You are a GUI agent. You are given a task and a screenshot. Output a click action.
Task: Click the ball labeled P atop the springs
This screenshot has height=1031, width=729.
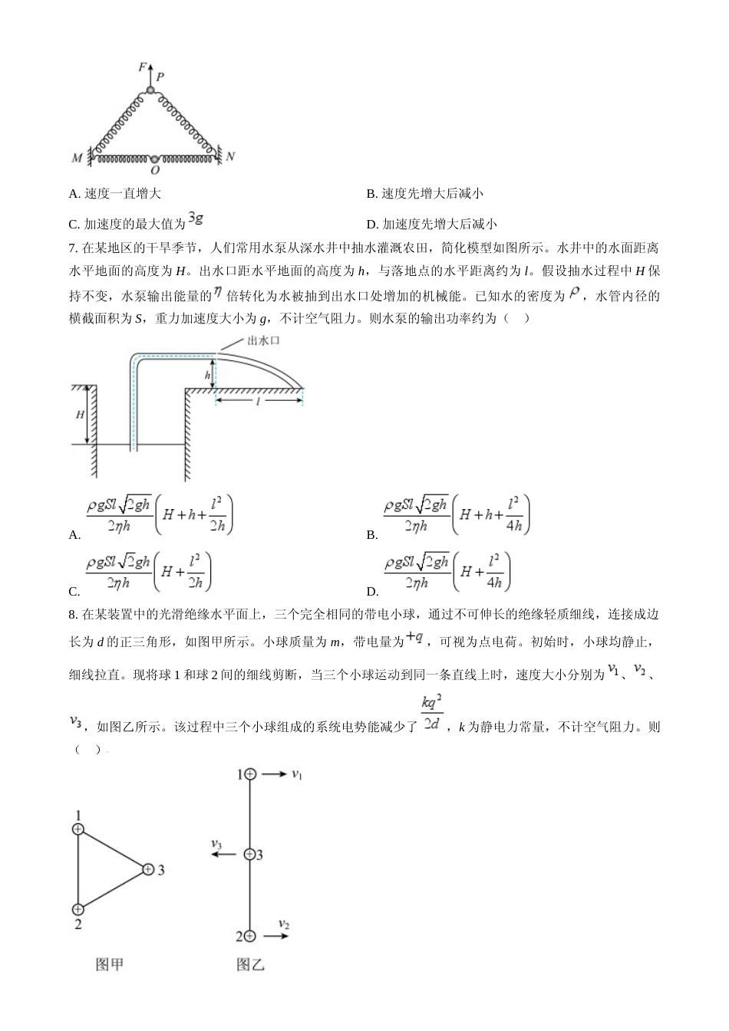coord(151,91)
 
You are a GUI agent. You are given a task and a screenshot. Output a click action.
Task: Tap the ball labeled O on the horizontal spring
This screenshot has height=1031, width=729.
coord(156,159)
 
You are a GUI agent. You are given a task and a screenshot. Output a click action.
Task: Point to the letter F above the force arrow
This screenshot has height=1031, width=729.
coord(142,67)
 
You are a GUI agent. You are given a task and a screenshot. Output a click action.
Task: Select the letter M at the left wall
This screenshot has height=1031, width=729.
coord(77,158)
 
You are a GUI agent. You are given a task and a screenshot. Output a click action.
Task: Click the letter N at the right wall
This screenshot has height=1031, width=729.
coord(230,156)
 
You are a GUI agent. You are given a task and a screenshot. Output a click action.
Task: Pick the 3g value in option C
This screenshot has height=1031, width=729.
coord(196,218)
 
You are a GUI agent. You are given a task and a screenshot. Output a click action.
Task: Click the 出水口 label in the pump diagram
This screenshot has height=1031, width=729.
coord(263,340)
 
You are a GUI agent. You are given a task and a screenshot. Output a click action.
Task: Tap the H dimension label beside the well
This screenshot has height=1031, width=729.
coord(80,415)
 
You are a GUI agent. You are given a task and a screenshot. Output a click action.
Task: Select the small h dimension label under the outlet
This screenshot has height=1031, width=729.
coord(207,375)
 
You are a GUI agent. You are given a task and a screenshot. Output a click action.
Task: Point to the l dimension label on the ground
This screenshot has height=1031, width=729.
coord(258,401)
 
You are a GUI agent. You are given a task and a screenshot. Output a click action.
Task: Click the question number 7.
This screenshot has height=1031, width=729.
coord(72,248)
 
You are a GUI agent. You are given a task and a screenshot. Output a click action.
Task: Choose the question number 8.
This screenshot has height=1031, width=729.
coord(72,615)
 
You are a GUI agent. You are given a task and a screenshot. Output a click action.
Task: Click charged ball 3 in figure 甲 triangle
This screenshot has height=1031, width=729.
coord(148,869)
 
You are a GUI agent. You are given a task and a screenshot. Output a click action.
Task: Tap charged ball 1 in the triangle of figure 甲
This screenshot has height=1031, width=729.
coord(78,829)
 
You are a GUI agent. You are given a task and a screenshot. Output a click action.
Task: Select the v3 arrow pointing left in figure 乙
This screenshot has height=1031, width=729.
coord(223,855)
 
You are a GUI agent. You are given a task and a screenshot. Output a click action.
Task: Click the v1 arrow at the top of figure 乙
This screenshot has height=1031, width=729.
coord(273,774)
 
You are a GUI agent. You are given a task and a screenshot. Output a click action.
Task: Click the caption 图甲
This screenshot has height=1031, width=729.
coord(110,964)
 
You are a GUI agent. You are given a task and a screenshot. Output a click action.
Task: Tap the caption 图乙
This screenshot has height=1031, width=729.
coord(250,964)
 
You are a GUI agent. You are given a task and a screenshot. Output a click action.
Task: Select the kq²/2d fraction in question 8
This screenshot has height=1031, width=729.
coord(432,713)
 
